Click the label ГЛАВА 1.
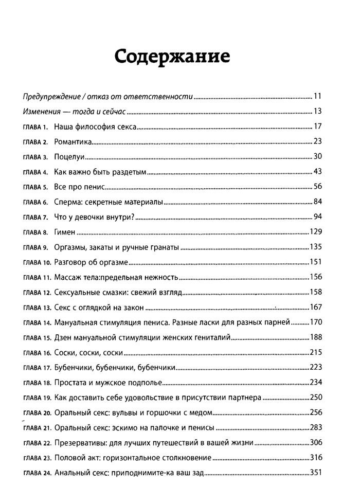pos(36,127)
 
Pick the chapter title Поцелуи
pos(69,157)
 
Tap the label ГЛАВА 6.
pos(36,202)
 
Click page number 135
pos(315,247)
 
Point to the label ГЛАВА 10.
pos(37,262)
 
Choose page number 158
pos(315,293)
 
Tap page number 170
pos(315,322)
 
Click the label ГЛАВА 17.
pos(37,368)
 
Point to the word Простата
pos(73,383)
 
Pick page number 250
pos(315,398)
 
